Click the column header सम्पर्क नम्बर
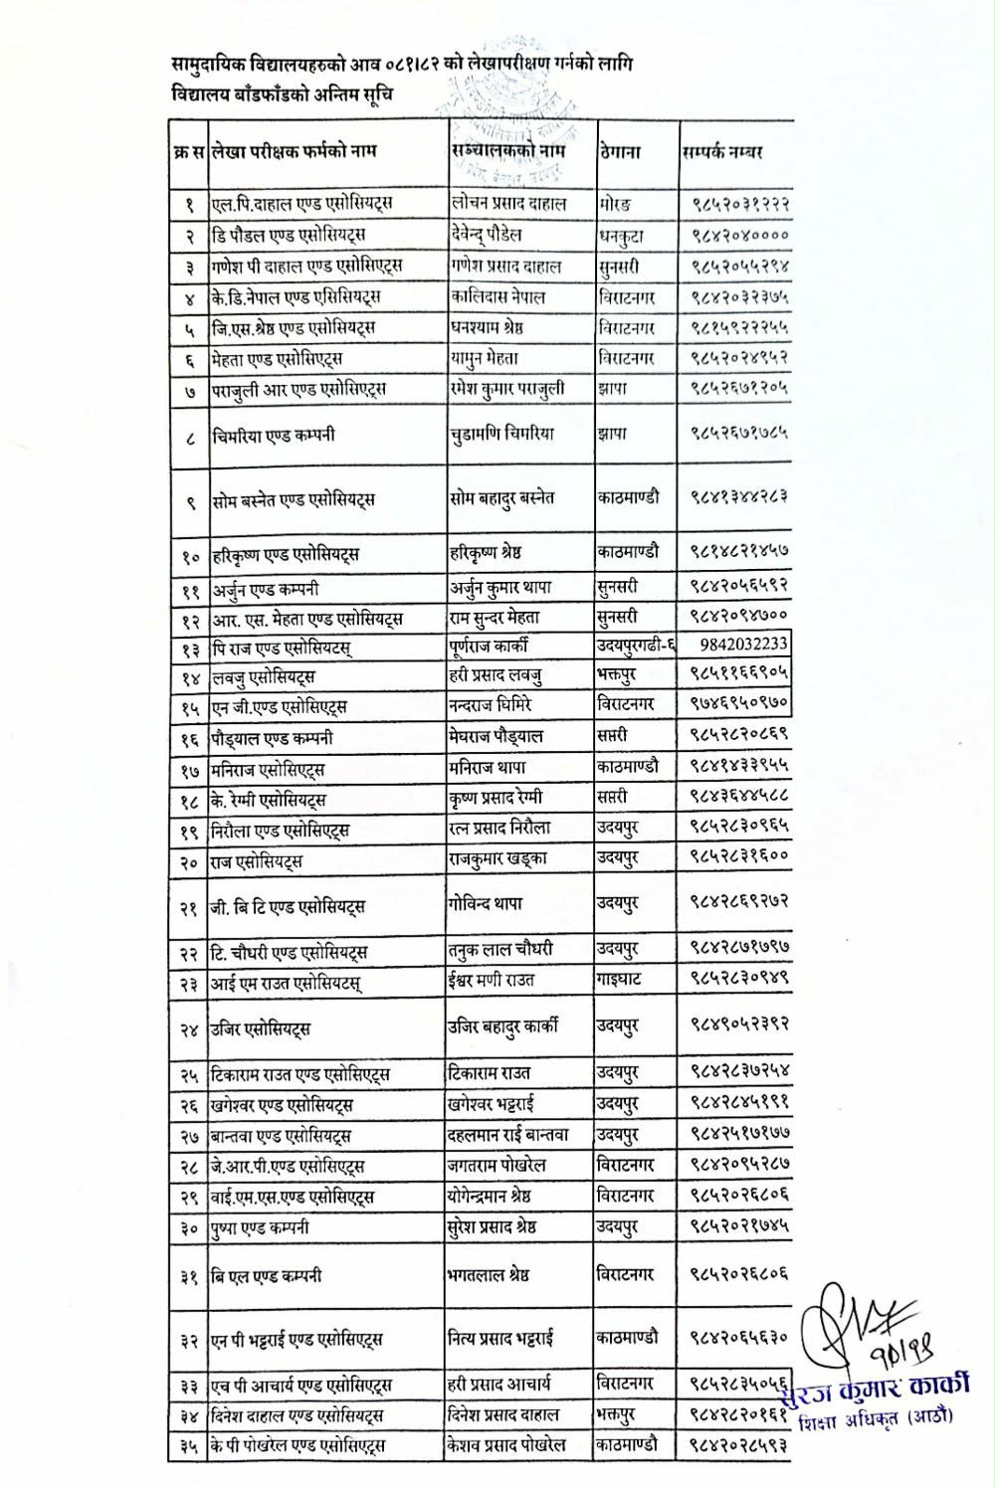722,153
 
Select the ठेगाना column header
619,153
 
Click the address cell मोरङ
614,204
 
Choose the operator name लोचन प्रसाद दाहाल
507,203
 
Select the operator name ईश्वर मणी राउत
492,980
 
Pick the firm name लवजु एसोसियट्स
263,677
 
